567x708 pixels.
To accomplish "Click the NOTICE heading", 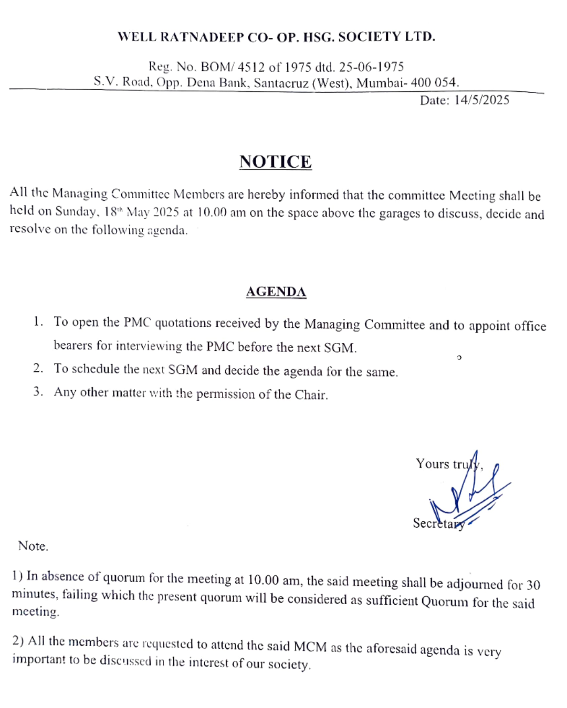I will coord(276,162).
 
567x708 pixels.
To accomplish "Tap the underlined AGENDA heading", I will coord(276,292).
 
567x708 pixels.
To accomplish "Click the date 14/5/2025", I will coord(481,100).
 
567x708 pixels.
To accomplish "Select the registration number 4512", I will coord(251,67).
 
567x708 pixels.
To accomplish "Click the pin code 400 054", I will coord(435,82).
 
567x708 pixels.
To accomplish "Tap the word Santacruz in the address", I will coord(281,83).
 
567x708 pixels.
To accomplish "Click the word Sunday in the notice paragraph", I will coord(76,212).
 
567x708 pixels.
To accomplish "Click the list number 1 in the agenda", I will coord(37,321).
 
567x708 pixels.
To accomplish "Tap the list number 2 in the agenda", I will coord(37,368).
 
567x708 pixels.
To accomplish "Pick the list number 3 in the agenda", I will coord(37,392).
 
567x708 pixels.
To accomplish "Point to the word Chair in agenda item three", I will coord(311,395).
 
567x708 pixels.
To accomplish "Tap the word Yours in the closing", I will coord(432,464).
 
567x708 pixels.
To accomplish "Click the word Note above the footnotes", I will coord(33,546).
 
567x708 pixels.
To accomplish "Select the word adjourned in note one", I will coord(475,584).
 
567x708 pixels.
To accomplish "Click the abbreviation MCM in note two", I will coord(310,647).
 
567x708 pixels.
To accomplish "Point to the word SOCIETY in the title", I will coord(370,37).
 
